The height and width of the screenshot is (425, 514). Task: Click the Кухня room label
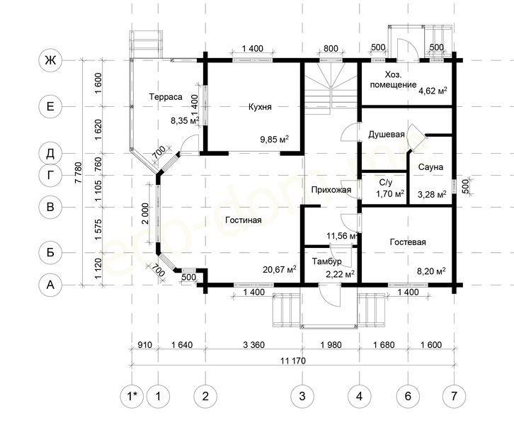coord(260,107)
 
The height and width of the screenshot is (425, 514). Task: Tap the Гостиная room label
coord(244,220)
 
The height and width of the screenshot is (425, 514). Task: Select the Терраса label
coord(166,97)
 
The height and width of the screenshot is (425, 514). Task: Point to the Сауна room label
coord(430,167)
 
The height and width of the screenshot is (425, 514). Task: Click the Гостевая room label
coord(408,242)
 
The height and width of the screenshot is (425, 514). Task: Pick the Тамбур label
coord(326,261)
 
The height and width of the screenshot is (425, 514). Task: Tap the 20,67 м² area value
coord(279,270)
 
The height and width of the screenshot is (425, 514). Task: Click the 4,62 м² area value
coord(433,91)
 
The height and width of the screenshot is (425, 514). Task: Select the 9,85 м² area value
coord(275,140)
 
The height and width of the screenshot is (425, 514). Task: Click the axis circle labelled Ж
coord(50,60)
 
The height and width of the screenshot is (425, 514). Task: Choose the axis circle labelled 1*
coord(132,396)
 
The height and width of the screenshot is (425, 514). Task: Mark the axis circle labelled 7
coord(454,396)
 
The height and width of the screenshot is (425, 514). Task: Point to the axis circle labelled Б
coord(50,252)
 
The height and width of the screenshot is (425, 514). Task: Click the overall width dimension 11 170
coord(293,361)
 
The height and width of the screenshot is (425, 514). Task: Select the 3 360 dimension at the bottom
coord(253,345)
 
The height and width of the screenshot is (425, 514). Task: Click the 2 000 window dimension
coord(145,213)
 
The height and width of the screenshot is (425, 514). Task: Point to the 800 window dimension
coord(331,49)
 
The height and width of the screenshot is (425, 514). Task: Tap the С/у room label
coord(385,183)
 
